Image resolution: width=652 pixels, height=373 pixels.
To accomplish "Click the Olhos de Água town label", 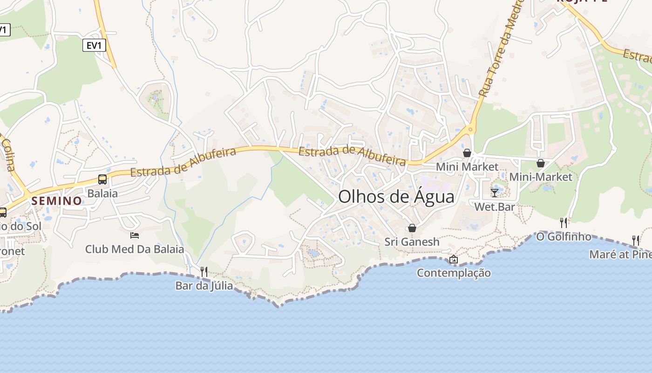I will pyautogui.click(x=396, y=197).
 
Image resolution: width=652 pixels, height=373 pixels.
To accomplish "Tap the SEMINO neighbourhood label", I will pyautogui.click(x=57, y=201).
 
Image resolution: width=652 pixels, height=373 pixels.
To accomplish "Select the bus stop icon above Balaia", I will pyautogui.click(x=102, y=180).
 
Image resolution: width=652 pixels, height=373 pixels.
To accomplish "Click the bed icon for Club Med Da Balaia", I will pyautogui.click(x=135, y=235).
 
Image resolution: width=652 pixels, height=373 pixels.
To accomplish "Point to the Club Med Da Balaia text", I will pyautogui.click(x=135, y=249).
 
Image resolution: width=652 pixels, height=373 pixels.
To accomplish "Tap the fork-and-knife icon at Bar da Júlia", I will pyautogui.click(x=204, y=271).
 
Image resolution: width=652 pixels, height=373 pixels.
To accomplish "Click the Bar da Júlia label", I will pyautogui.click(x=204, y=285).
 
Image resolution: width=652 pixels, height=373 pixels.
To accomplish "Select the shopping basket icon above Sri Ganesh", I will pyautogui.click(x=412, y=228).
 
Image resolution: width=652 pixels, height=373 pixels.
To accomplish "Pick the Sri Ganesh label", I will pyautogui.click(x=412, y=242).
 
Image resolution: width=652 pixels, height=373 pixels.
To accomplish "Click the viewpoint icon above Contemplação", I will pyautogui.click(x=453, y=259).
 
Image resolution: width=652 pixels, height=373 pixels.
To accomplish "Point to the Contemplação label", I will pyautogui.click(x=454, y=273).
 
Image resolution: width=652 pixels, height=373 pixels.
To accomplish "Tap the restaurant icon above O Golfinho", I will pyautogui.click(x=564, y=222).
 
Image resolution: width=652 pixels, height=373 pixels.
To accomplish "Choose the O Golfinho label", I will pyautogui.click(x=564, y=236).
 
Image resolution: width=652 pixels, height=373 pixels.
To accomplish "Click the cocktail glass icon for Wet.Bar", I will pyautogui.click(x=495, y=193).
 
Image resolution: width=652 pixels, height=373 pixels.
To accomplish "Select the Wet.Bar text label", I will pyautogui.click(x=495, y=206).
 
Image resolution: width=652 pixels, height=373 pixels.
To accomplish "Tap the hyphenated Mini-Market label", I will pyautogui.click(x=540, y=177).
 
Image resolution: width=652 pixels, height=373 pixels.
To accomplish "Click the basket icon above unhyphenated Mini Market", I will pyautogui.click(x=467, y=153).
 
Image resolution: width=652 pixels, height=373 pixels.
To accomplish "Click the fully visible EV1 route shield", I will pyautogui.click(x=95, y=45).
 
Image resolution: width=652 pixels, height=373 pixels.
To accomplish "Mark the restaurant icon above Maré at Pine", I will pyautogui.click(x=636, y=240).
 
